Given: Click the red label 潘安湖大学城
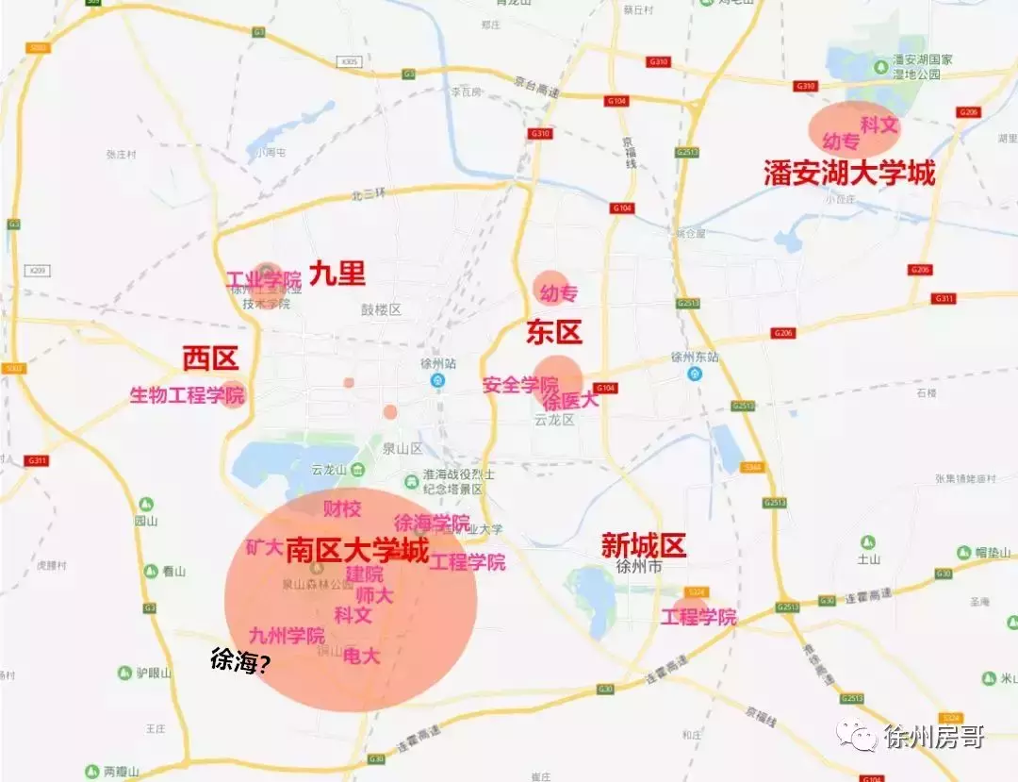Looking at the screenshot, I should (x=849, y=174).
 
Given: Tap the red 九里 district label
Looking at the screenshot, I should (x=337, y=274).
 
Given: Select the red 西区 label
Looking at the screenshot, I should (x=210, y=358).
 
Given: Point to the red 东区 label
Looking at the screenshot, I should (x=554, y=332).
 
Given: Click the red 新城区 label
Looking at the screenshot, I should (x=644, y=545).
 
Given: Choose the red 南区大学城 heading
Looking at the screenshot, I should (x=357, y=550).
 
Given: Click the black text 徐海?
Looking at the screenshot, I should (x=240, y=662).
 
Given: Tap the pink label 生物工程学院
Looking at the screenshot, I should (x=187, y=395).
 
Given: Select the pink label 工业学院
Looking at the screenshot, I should (x=264, y=280).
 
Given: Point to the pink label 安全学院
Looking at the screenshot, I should (x=519, y=385).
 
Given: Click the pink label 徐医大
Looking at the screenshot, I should (x=570, y=400).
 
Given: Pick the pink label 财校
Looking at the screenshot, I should (x=342, y=509).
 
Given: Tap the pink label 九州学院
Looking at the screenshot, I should (x=287, y=636).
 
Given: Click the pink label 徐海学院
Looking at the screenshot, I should (x=431, y=523).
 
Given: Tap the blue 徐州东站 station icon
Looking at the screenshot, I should (x=695, y=374).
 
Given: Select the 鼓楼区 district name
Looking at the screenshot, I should (x=382, y=309).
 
